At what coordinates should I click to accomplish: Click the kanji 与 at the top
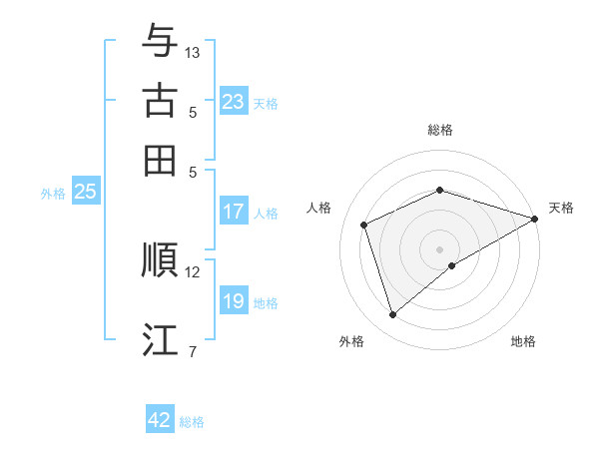(160, 41)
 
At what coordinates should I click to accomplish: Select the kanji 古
(160, 101)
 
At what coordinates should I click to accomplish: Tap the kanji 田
(160, 160)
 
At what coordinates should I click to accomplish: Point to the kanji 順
(160, 260)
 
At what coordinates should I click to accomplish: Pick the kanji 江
(160, 339)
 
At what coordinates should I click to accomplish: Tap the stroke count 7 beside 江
(193, 351)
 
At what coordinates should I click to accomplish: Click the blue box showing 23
(234, 102)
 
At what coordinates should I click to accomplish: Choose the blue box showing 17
(234, 212)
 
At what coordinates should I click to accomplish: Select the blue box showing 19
(234, 301)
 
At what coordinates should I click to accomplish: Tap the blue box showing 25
(85, 193)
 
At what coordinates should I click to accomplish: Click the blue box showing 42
(160, 420)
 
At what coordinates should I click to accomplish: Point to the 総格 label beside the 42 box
(192, 422)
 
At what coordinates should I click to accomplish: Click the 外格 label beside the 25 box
(52, 194)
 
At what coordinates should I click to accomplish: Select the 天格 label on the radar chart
(561, 208)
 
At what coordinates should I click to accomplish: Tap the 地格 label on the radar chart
(523, 341)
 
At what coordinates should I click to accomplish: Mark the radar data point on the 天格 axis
(535, 219)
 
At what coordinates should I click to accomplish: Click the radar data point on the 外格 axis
(392, 315)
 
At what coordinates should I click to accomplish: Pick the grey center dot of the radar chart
(440, 248)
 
